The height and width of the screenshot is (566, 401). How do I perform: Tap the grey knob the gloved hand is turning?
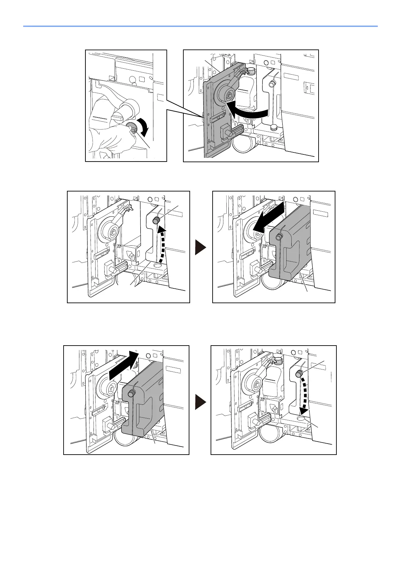131,128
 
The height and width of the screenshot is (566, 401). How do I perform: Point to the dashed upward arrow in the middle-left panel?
163,244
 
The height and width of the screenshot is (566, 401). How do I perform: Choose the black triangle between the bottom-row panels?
200,402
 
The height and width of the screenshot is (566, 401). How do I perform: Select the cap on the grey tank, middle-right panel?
279,237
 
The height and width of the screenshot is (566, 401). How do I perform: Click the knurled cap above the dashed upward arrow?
156,221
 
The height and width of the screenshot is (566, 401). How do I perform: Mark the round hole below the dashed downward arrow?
302,418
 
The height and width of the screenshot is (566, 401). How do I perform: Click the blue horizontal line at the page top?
200,26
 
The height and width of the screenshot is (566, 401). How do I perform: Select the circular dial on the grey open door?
227,95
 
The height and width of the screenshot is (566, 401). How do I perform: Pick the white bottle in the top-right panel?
247,91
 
